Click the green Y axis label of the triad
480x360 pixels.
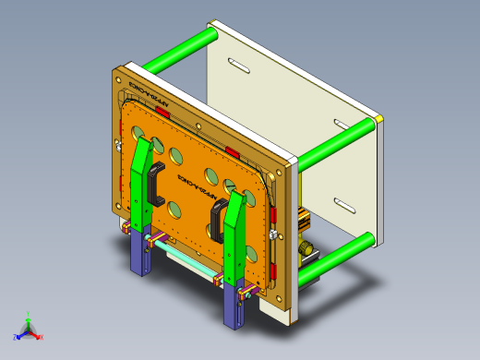(x=30, y=313)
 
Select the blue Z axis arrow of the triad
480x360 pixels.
(x=18, y=334)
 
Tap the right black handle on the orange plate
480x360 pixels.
(x=219, y=222)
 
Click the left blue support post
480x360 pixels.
(x=140, y=253)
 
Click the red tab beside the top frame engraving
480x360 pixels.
(x=163, y=111)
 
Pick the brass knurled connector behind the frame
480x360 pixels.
(x=303, y=249)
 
